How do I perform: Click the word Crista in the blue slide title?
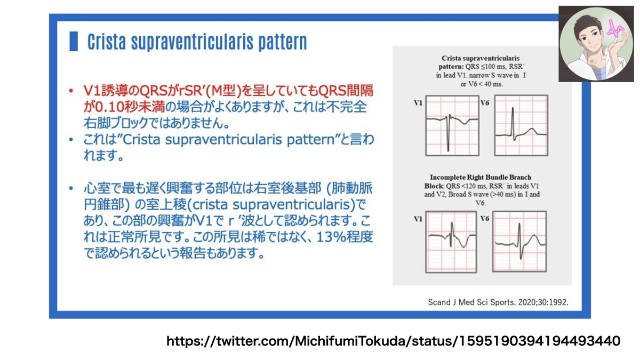(x=106, y=42)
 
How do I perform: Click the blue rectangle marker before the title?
(x=74, y=41)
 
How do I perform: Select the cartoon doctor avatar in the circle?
(x=596, y=44)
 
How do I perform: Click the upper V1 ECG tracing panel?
(x=452, y=125)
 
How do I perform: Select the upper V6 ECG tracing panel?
(x=521, y=125)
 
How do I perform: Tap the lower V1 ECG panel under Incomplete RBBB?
(x=451, y=242)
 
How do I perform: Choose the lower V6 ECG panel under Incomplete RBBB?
(x=519, y=242)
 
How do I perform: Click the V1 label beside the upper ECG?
(x=418, y=103)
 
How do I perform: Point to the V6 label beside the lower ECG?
(x=485, y=219)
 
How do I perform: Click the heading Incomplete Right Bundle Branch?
(x=481, y=177)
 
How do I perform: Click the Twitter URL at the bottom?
(x=394, y=341)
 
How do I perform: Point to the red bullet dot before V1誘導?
(x=71, y=91)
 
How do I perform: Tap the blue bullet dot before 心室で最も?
(x=71, y=188)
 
